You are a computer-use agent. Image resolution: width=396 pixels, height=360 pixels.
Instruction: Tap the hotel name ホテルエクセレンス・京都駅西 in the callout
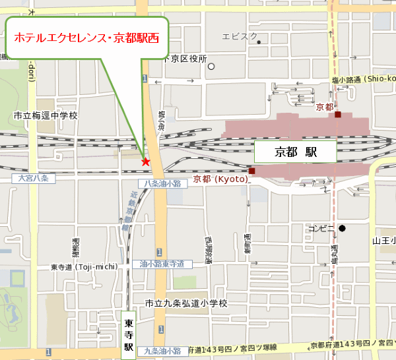[86, 38]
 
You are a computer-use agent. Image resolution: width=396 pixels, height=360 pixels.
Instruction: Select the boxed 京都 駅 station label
[296, 152]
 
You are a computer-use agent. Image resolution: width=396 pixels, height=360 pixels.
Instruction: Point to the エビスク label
[240, 36]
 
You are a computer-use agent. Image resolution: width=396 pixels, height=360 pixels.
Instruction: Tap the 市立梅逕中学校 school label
[46, 115]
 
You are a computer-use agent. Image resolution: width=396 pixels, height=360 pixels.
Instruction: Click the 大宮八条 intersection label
[34, 179]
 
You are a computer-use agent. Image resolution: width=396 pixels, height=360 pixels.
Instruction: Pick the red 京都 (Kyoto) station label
[220, 179]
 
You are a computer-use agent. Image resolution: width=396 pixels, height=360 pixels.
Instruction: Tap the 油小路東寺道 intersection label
[162, 264]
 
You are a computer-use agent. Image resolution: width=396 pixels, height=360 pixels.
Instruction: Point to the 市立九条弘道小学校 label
[186, 303]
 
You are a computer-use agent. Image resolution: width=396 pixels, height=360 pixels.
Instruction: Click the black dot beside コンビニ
[343, 229]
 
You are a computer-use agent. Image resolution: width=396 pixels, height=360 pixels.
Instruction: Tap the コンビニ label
[323, 229]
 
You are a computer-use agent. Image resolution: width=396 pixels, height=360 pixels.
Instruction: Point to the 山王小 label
[383, 241]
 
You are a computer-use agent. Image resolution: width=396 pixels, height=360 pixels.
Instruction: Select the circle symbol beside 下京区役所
[211, 66]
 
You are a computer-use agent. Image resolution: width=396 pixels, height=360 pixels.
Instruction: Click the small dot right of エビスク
[259, 43]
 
